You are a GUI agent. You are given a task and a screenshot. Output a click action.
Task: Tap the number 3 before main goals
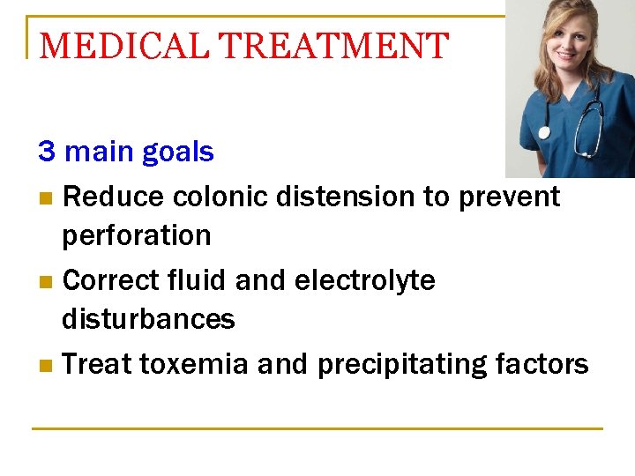point(47,152)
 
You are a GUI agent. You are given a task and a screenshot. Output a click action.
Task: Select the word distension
point(347,196)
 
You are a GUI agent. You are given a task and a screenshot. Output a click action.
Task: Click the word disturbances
point(148,319)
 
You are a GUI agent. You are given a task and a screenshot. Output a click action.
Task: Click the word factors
point(542,364)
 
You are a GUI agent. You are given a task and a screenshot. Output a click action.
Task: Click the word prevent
point(509,196)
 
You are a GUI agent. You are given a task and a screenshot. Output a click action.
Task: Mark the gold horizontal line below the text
point(317,429)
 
